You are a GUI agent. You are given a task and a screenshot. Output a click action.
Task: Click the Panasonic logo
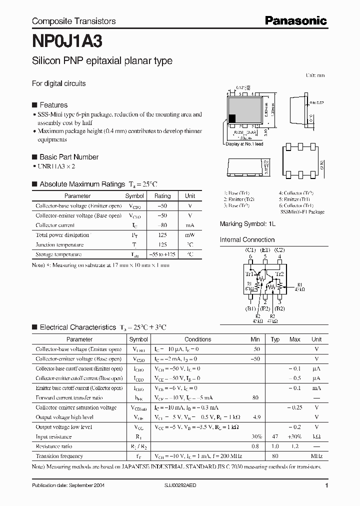296,20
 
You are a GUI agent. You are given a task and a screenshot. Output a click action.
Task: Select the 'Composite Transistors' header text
73,21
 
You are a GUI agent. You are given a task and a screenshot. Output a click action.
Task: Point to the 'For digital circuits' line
58,83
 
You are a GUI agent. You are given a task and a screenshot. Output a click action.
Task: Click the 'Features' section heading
53,105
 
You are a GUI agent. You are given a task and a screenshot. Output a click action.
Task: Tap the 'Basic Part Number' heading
69,157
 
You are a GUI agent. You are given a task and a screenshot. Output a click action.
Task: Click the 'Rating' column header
162,196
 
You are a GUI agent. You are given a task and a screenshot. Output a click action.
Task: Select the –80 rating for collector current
162,225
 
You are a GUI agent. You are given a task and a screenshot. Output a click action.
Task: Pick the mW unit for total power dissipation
190,235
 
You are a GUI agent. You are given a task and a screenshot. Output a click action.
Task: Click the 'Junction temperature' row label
59,245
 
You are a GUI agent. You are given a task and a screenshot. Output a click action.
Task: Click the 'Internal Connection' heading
248,240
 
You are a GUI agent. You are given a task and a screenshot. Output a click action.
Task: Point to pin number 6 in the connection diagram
250,256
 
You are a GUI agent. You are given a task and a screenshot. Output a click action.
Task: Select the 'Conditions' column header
198,339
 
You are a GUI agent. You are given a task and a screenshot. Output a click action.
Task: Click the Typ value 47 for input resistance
274,436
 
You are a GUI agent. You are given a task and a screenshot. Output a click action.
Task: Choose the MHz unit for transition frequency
316,456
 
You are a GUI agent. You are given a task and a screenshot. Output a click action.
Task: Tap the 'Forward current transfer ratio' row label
69,398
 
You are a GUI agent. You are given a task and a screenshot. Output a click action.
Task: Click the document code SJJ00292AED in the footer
181,485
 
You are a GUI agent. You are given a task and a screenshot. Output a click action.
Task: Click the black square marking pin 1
232,119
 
